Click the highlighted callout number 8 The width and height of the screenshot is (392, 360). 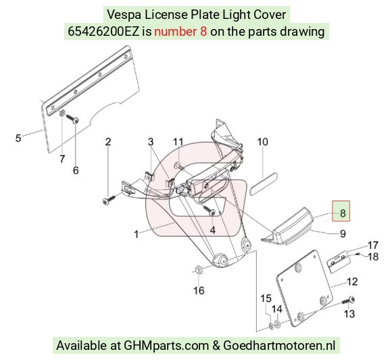[343, 213]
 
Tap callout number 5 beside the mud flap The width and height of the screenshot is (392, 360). [18, 138]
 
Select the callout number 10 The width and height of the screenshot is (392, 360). [262, 142]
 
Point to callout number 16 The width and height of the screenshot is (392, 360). [199, 290]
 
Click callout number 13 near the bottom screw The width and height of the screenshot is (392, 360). [349, 314]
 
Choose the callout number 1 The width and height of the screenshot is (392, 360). [137, 234]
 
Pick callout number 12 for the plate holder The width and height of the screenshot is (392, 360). [353, 282]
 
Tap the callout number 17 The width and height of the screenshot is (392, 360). [373, 245]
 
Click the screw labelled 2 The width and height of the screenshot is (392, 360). [109, 199]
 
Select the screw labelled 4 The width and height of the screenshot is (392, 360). [209, 210]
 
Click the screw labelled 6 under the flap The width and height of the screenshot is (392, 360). [72, 118]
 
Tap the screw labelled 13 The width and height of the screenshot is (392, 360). [348, 301]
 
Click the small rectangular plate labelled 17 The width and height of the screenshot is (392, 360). [339, 261]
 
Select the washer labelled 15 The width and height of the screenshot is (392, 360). [271, 326]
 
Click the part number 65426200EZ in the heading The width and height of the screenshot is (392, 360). [103, 32]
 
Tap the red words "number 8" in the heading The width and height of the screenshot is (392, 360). [180, 32]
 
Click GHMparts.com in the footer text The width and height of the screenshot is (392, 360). [166, 346]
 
